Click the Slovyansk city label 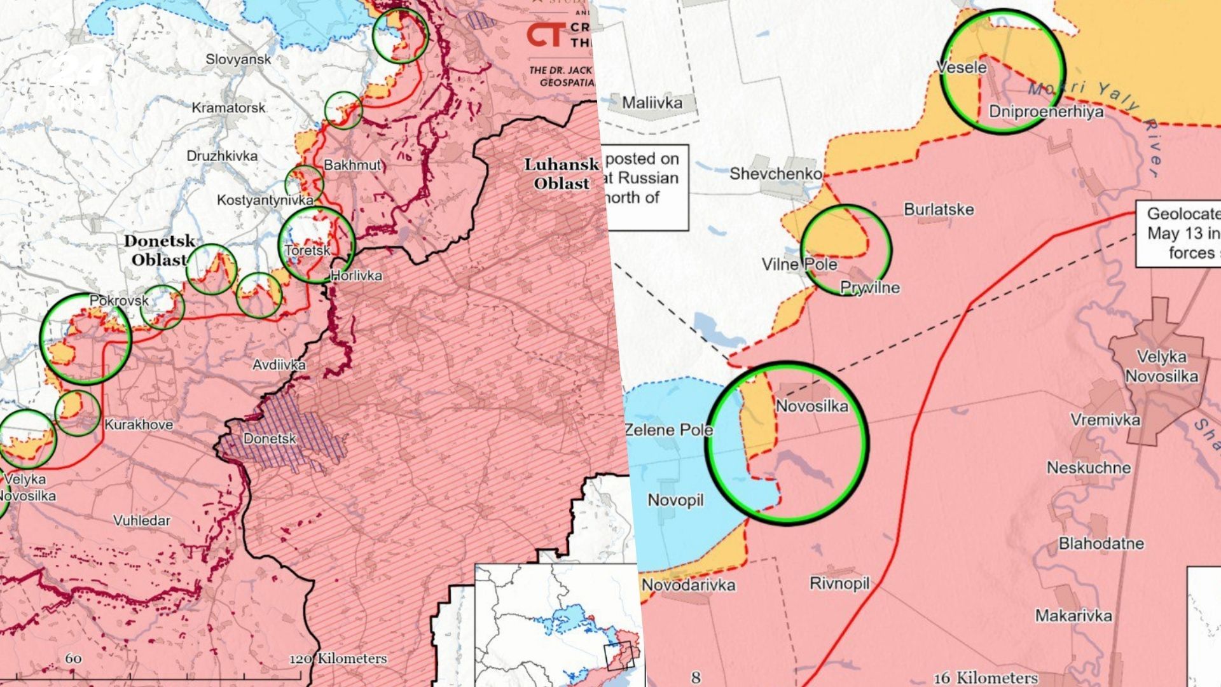238,59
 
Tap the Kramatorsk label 228,108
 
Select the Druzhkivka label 222,156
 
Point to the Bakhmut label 352,165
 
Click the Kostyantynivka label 265,200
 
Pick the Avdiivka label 279,364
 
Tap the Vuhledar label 142,520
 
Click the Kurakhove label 138,424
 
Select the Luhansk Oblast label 561,174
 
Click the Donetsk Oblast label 159,250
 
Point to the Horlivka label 356,275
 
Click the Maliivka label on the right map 652,102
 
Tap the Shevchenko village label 775,173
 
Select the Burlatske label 939,209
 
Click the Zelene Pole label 669,429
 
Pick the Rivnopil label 839,583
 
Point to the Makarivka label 1073,615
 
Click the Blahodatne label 1101,543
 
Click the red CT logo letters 546,35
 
